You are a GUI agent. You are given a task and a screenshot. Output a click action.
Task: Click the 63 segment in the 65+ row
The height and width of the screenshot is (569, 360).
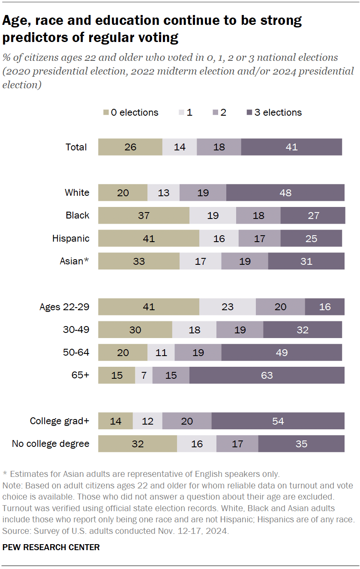[267, 375]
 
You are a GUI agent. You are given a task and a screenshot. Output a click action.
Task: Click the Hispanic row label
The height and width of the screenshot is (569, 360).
[71, 238]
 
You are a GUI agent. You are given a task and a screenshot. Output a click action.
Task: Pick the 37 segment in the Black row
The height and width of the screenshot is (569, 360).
[144, 216]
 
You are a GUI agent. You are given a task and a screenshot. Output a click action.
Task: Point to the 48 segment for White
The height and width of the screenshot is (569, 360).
[285, 193]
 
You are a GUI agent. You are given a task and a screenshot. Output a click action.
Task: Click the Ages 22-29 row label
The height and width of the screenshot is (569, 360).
[64, 307]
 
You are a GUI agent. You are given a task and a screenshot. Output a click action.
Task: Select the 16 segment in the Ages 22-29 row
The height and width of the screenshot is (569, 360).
[324, 307]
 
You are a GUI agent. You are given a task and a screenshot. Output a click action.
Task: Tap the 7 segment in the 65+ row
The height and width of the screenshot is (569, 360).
[144, 375]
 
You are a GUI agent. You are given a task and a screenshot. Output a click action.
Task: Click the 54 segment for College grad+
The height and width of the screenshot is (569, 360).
[278, 421]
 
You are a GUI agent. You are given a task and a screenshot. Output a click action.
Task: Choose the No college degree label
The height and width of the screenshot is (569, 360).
[51, 444]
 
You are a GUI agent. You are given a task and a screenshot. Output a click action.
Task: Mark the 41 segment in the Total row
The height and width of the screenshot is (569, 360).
[291, 147]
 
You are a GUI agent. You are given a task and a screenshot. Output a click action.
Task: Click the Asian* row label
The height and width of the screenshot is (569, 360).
[74, 261]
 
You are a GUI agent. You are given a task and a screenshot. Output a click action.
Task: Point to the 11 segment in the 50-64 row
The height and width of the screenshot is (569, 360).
[161, 353]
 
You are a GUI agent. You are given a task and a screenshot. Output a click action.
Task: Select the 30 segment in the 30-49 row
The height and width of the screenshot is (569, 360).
[135, 330]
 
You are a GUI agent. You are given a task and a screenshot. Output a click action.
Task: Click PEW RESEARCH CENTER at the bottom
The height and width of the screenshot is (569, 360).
[51, 547]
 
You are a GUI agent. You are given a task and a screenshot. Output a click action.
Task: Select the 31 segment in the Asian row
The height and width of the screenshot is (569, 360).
[306, 261]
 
